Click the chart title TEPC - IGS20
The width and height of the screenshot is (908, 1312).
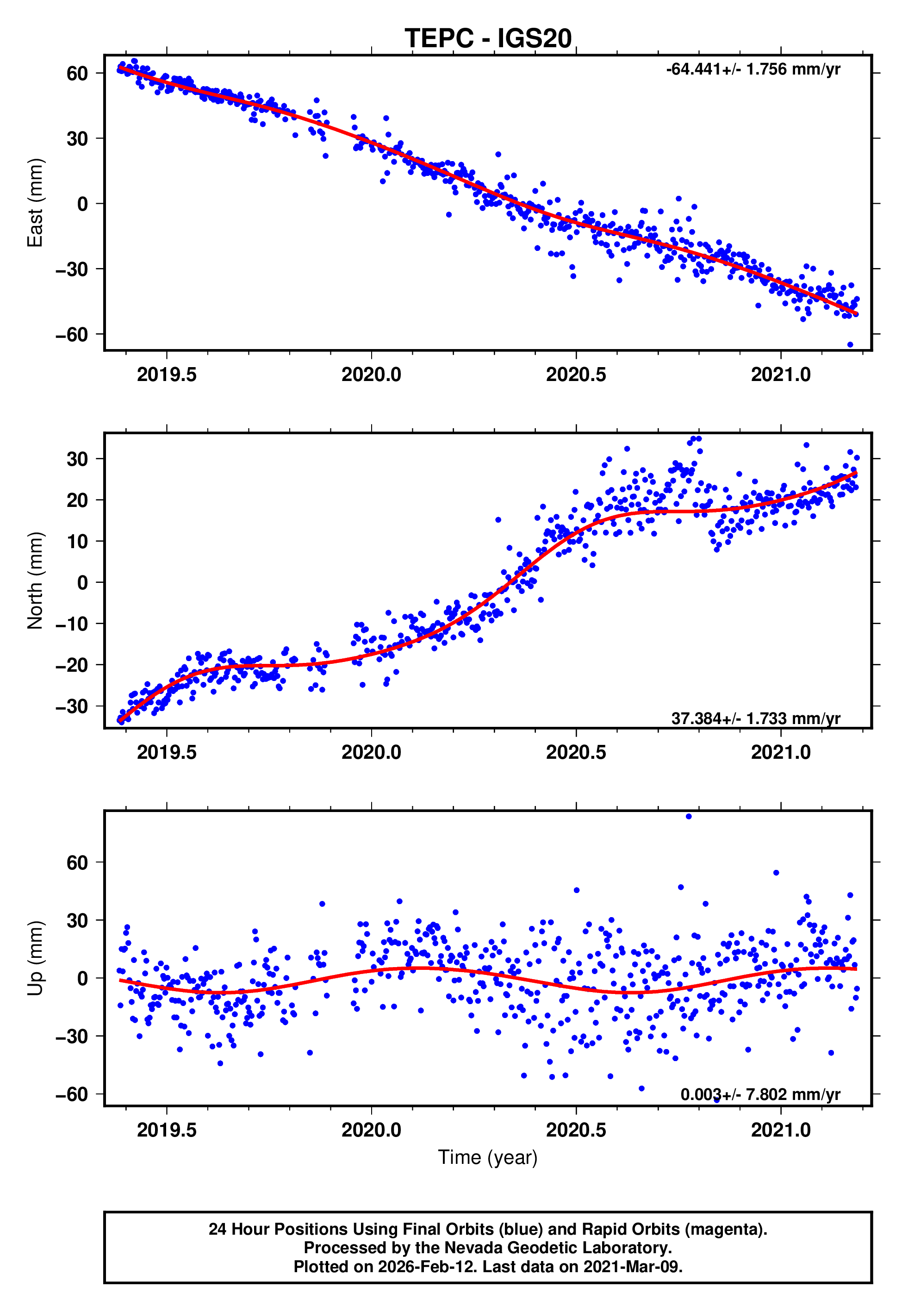(488, 39)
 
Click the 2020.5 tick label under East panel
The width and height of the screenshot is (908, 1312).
(576, 375)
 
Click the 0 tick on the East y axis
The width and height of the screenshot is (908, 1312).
(82, 204)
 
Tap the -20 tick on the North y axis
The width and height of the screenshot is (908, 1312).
(72, 664)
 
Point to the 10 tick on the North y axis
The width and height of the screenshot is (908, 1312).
(77, 541)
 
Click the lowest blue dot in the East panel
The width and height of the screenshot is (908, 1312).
(850, 345)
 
